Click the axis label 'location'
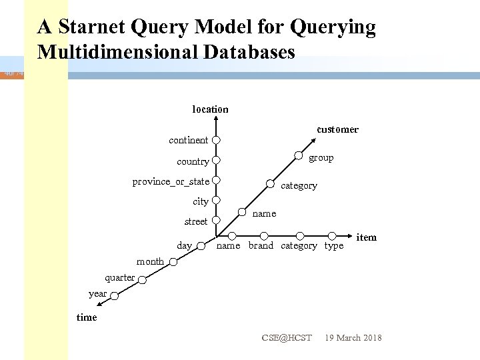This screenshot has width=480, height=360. pyautogui.click(x=210, y=109)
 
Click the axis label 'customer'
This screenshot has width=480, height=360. pyautogui.click(x=337, y=129)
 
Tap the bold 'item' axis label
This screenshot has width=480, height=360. pyautogui.click(x=367, y=237)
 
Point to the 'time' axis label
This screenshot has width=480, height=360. pyautogui.click(x=87, y=317)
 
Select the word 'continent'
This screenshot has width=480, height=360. pyautogui.click(x=188, y=140)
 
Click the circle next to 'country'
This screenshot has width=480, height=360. pyautogui.click(x=216, y=161)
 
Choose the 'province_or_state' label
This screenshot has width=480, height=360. pyautogui.click(x=171, y=181)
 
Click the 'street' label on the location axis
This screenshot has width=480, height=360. pyautogui.click(x=195, y=221)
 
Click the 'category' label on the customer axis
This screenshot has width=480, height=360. pyautogui.click(x=299, y=186)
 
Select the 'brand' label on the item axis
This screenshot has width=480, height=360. pyautogui.click(x=261, y=246)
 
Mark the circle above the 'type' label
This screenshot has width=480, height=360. pyautogui.click(x=332, y=235)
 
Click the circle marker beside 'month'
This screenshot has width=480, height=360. pyautogui.click(x=173, y=262)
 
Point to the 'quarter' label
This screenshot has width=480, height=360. pyautogui.click(x=120, y=277)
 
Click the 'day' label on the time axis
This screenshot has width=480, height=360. pyautogui.click(x=185, y=246)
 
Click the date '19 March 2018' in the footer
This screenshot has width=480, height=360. pyautogui.click(x=353, y=338)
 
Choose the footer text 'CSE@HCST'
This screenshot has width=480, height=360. pyautogui.click(x=287, y=338)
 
